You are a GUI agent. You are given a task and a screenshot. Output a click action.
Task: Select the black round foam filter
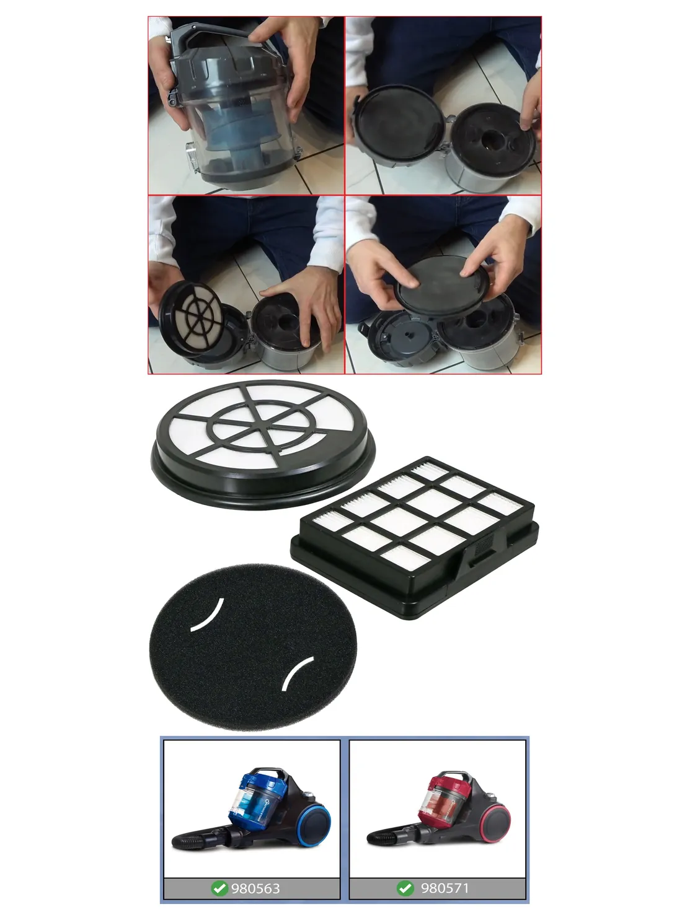pyautogui.click(x=253, y=647)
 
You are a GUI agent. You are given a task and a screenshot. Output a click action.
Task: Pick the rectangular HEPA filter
pyautogui.click(x=414, y=538)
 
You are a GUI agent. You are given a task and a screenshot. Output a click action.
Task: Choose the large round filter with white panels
pyautogui.click(x=263, y=444)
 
